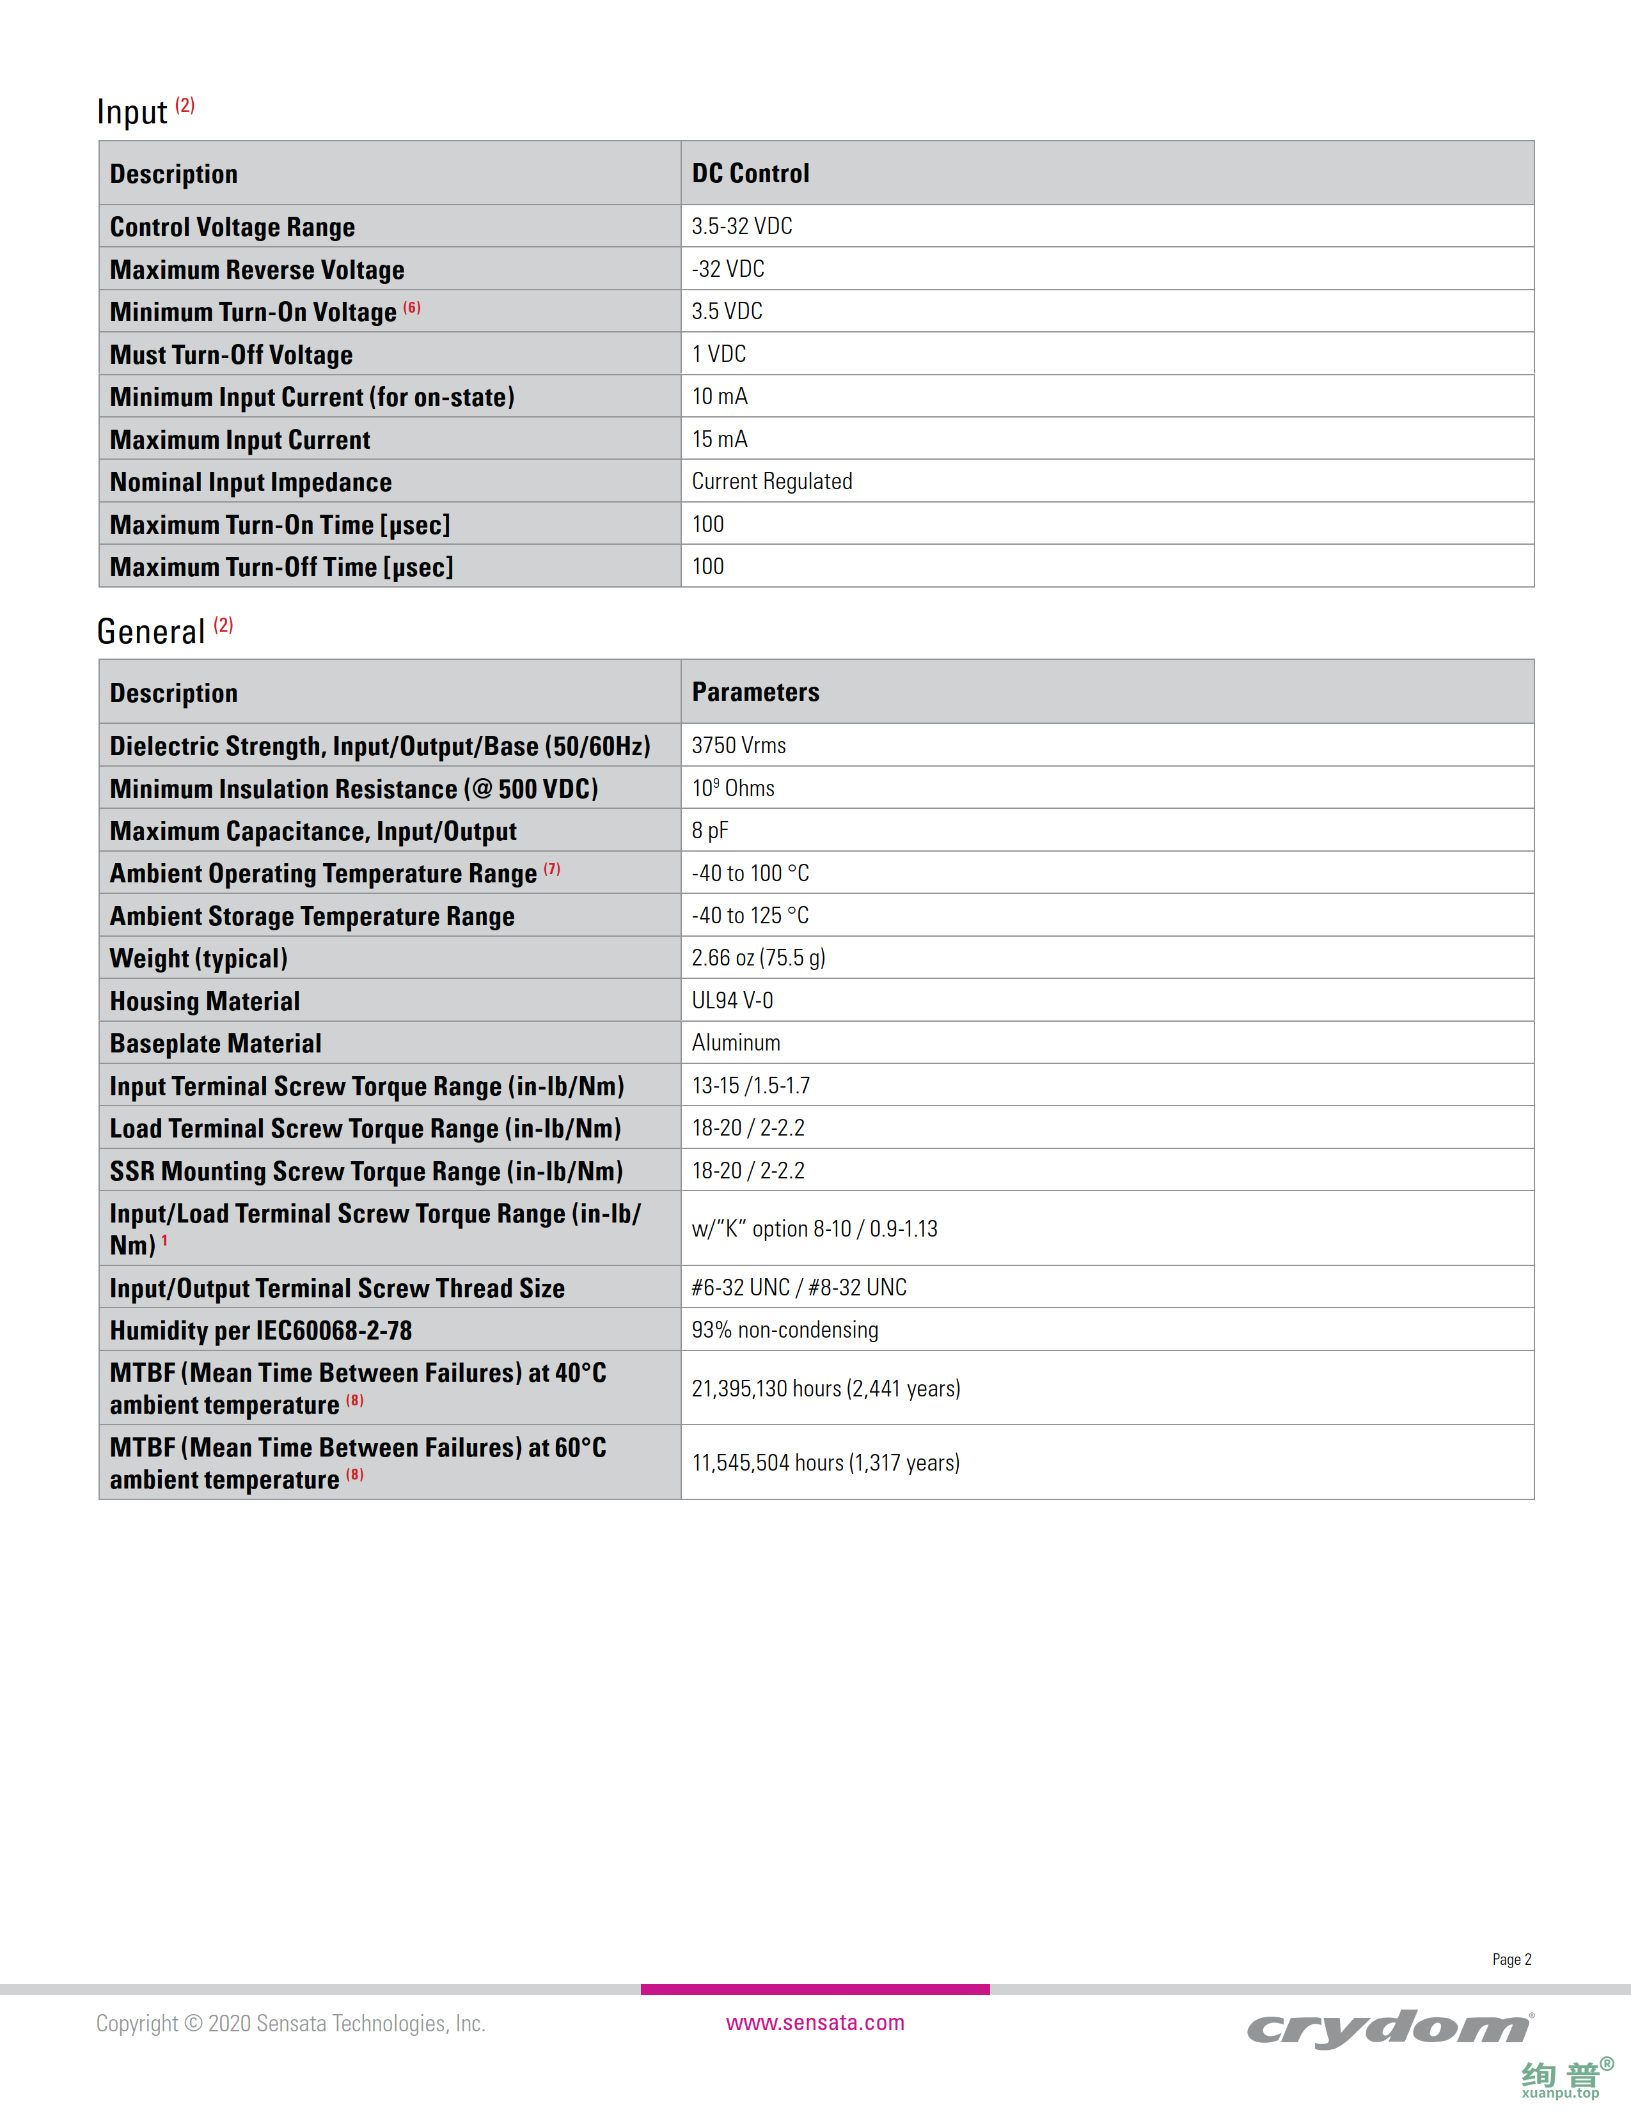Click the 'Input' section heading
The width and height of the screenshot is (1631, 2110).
pyautogui.click(x=132, y=112)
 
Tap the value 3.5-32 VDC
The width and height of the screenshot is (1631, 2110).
pyautogui.click(x=741, y=226)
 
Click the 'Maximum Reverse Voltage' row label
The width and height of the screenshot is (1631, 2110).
pyautogui.click(x=257, y=270)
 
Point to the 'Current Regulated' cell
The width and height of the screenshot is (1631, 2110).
pyautogui.click(x=771, y=481)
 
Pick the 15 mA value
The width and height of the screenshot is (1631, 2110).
pyautogui.click(x=719, y=439)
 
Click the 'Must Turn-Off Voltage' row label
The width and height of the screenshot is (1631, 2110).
pyautogui.click(x=231, y=355)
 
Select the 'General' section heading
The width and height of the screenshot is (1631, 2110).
pyautogui.click(x=151, y=632)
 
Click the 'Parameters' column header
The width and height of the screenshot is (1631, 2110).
pyautogui.click(x=755, y=692)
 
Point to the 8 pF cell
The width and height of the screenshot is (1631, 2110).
pyautogui.click(x=709, y=830)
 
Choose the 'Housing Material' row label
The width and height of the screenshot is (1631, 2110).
pyautogui.click(x=205, y=1001)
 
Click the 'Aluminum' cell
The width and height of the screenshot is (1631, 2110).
pyautogui.click(x=736, y=1042)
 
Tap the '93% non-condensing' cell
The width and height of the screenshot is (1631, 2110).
pyautogui.click(x=785, y=1329)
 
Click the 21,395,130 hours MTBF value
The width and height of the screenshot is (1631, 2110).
pyautogui.click(x=825, y=1388)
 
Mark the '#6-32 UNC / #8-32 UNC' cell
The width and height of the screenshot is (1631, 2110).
pyautogui.click(x=798, y=1287)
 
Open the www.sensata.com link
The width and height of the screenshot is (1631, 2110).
pyautogui.click(x=814, y=2022)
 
